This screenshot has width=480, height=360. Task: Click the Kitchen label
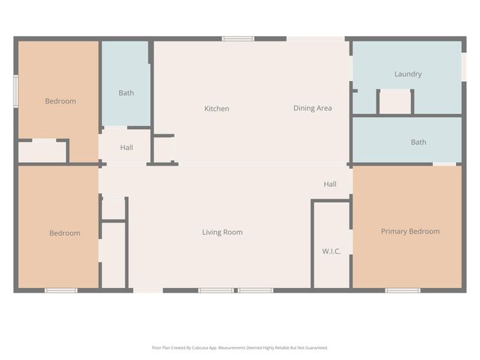pos(217,109)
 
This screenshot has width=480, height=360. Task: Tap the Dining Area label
pos(312,108)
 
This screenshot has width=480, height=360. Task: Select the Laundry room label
pos(407,74)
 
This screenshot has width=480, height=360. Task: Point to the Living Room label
pos(222,232)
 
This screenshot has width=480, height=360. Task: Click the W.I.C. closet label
pos(331,251)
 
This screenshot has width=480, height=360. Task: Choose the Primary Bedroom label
pos(409,232)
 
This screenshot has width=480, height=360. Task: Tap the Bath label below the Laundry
pos(418,142)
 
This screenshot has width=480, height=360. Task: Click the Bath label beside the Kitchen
pos(126,93)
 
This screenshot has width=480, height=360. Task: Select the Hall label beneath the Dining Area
pos(330,184)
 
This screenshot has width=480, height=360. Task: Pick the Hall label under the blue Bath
pos(126,148)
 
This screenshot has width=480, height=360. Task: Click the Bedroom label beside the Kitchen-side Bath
pos(60,101)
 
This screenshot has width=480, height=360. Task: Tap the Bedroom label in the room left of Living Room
pos(64,233)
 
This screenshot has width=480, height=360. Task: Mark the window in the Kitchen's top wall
pos(238,39)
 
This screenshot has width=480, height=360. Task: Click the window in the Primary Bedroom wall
pos(402,290)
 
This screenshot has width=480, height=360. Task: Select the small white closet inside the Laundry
pos(394,102)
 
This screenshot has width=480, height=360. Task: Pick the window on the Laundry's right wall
pos(463,65)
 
